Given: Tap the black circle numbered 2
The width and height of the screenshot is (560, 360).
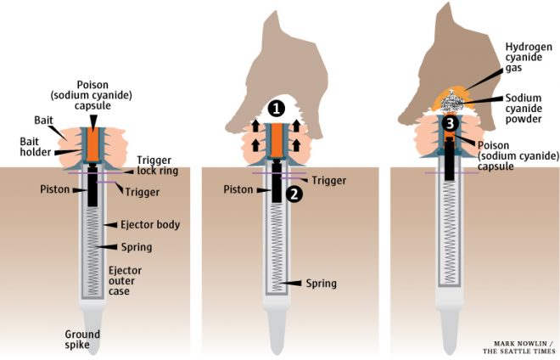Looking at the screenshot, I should point(294,194).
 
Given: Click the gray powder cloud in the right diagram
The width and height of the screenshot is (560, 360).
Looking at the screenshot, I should point(452,104).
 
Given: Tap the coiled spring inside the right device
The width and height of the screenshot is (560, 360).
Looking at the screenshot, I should point(450,238).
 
